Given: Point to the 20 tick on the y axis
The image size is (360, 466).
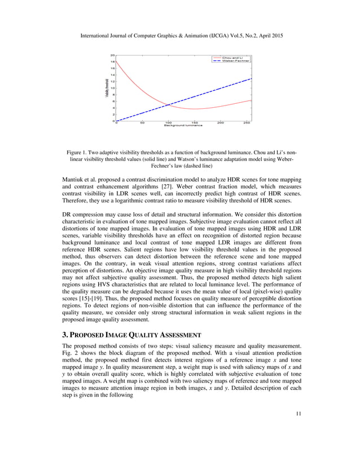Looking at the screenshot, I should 112,55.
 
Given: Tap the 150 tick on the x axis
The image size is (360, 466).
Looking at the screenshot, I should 194,122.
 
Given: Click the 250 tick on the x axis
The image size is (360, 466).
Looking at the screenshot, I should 247,122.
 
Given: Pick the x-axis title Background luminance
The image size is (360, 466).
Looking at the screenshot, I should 183,125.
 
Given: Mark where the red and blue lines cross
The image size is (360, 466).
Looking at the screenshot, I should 170,104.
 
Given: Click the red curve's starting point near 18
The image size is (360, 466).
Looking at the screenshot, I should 117,61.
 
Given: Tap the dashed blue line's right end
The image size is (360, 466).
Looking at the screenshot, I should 251,78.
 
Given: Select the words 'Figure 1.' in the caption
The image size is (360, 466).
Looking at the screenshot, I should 78,153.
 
